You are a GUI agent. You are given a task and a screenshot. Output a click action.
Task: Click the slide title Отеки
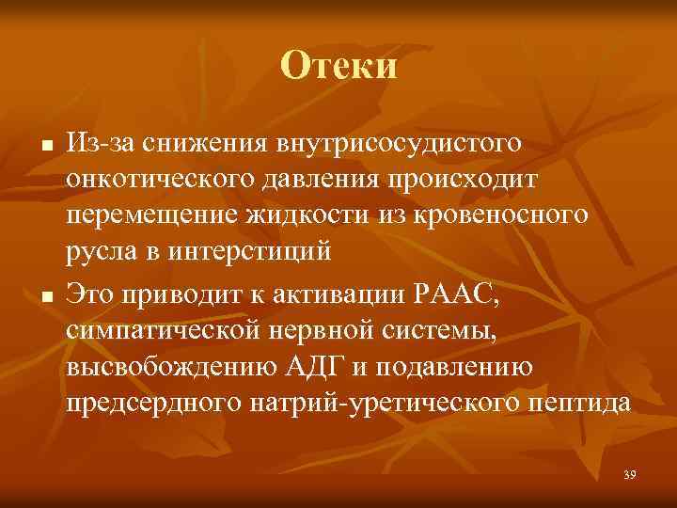click(338, 66)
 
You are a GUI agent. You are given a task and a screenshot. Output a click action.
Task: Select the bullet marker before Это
click(34, 298)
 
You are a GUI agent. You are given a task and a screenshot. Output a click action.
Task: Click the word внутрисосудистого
click(398, 144)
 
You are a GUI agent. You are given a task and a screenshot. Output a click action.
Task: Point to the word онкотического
click(157, 179)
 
